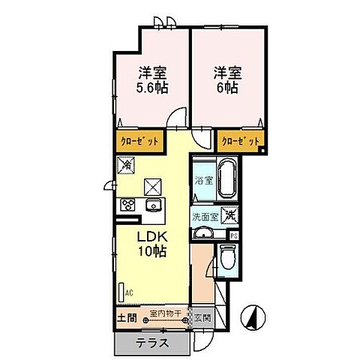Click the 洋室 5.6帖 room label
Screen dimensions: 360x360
pyautogui.click(x=151, y=80)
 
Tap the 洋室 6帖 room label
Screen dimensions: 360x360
pyautogui.click(x=226, y=80)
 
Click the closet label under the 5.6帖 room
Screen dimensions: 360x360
pyautogui.click(x=136, y=140)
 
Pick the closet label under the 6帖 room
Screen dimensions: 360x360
pyautogui.click(x=240, y=140)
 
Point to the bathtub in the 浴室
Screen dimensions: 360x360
pyautogui.click(x=226, y=179)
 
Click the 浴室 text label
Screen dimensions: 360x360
pyautogui.click(x=203, y=180)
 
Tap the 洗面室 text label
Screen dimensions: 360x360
pyautogui.click(x=204, y=217)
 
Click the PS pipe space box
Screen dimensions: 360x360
pyautogui.click(x=234, y=235)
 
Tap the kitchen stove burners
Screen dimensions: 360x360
pyautogui.click(x=127, y=205)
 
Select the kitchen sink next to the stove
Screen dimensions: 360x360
pyautogui.click(x=154, y=206)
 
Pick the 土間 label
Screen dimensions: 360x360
pyautogui.click(x=127, y=316)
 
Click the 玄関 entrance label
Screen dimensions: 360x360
pyautogui.click(x=203, y=316)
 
